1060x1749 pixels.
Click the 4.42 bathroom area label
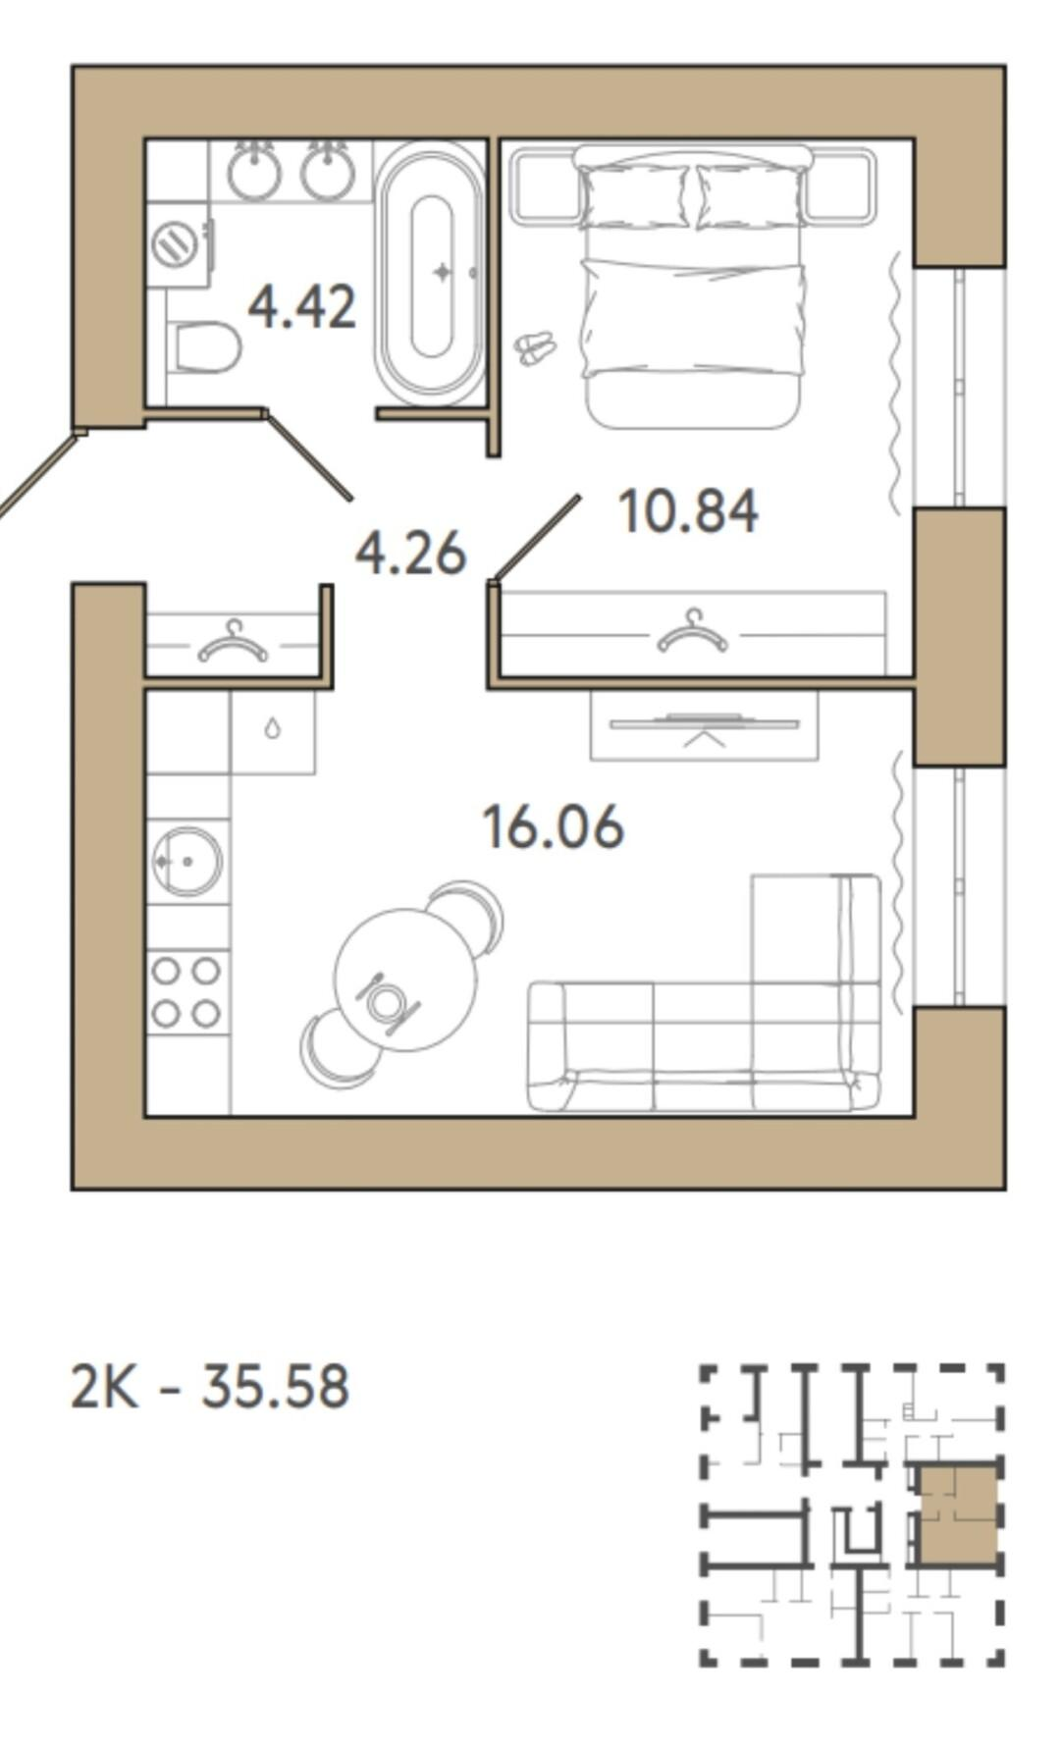coord(301,306)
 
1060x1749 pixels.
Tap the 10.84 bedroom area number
coord(688,511)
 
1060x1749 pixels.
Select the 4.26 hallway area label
coord(410,554)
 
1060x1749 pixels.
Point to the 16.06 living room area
coord(554,826)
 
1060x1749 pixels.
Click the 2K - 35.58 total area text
coord(210,1387)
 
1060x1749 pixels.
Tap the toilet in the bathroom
coord(205,348)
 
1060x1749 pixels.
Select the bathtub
coord(431,274)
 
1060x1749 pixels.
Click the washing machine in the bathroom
coord(179,244)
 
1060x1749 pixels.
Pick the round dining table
coord(405,980)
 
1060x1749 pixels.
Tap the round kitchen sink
coord(186,862)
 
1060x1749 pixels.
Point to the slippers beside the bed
coord(536,347)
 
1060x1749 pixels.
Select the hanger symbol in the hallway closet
coord(233,642)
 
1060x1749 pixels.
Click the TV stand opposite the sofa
coord(704,725)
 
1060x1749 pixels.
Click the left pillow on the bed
coord(635,197)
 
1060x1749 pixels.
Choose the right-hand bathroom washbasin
coord(328,171)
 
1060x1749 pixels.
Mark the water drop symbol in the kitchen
coord(273,728)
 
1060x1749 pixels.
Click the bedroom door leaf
coord(537,538)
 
